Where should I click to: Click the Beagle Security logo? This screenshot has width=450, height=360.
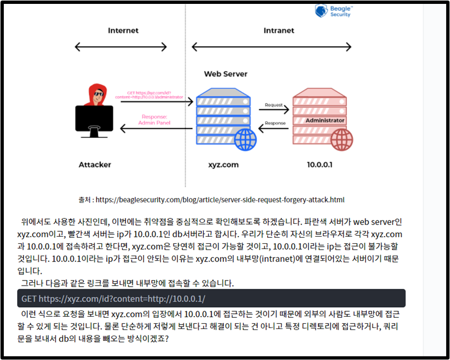pos(333,11)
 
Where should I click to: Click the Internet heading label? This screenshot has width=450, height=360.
pos(123,30)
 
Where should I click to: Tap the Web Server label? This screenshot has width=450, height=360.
pos(226,73)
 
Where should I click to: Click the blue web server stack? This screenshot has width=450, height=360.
pos(221,114)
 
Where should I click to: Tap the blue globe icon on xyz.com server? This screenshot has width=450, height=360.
pos(245,139)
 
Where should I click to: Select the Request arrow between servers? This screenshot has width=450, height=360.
pos(274,109)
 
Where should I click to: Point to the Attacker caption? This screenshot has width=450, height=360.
pos(94,165)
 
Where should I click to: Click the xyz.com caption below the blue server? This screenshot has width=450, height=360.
pos(223,165)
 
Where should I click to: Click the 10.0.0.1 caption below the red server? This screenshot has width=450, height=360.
pos(320,165)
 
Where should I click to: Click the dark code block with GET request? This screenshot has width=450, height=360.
pos(211,298)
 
